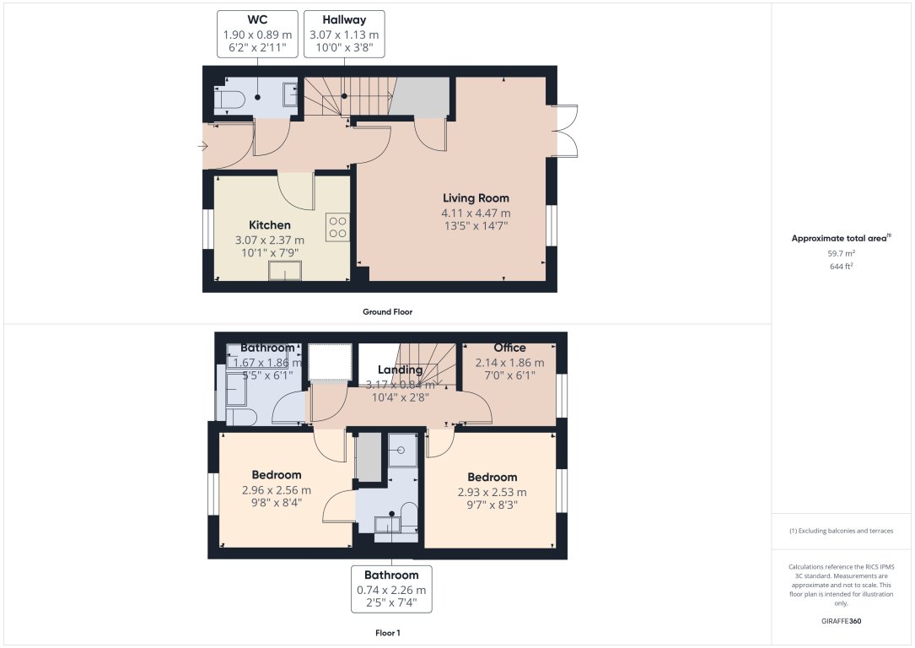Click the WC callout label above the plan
[x=258, y=34]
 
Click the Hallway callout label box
[x=344, y=34]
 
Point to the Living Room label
[x=476, y=198]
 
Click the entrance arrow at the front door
[x=202, y=147]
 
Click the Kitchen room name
[x=270, y=225]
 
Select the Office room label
[x=509, y=348]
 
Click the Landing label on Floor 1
[x=400, y=370]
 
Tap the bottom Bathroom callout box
[x=391, y=589]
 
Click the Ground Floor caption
[x=387, y=311]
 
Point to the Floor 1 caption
[x=387, y=632]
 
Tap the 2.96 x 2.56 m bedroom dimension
[x=277, y=490]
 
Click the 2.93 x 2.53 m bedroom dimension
[x=492, y=493]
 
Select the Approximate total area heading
[x=840, y=239]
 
